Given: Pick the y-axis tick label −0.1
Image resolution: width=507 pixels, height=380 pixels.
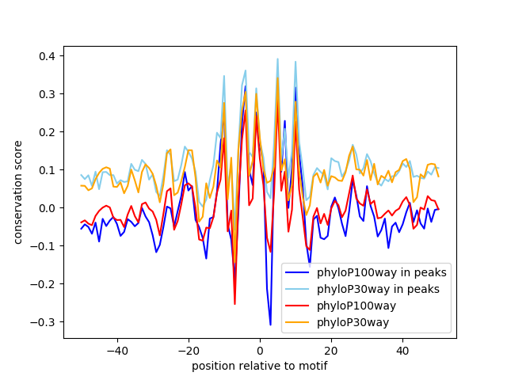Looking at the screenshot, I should tap(46, 246).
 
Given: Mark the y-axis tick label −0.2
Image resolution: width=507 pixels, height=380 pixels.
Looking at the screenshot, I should tap(46, 284).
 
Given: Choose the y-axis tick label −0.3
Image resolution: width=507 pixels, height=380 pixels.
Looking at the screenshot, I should tap(46, 322).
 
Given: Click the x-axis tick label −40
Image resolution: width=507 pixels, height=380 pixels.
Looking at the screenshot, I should tap(116, 350).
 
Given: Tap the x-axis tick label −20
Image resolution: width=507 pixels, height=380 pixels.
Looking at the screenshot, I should tap(188, 350).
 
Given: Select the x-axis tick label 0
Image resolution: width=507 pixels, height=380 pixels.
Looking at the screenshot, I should tap(260, 350).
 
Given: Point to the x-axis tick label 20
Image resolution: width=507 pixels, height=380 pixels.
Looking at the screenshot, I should tap(331, 350).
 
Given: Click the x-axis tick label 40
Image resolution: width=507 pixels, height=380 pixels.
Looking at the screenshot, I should tap(402, 350).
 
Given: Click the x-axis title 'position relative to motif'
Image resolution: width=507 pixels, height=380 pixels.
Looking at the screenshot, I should tap(259, 366).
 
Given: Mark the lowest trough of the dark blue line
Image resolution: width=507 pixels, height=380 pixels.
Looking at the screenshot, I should tap(270, 325).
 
